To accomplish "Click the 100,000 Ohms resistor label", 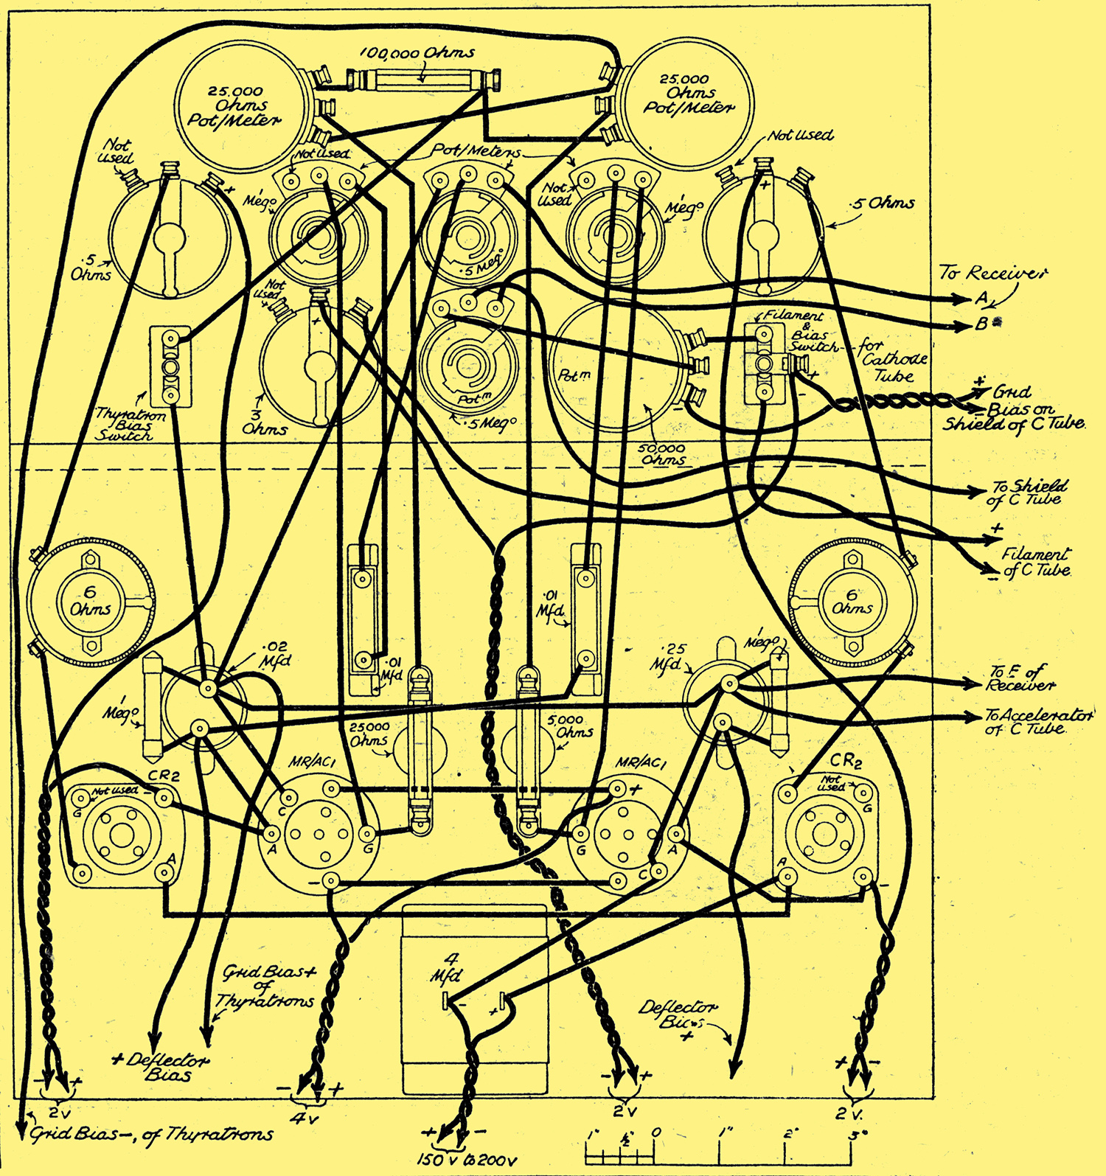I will tap(417, 54).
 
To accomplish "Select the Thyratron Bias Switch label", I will tap(125, 425).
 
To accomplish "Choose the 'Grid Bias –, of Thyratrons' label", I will tap(151, 1135).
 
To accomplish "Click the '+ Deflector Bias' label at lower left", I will tap(161, 1067).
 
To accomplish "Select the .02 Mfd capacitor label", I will tap(274, 654).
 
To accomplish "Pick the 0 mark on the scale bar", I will tap(656, 1133).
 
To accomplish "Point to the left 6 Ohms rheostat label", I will tap(91, 602).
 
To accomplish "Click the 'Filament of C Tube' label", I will tap(1035, 562).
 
